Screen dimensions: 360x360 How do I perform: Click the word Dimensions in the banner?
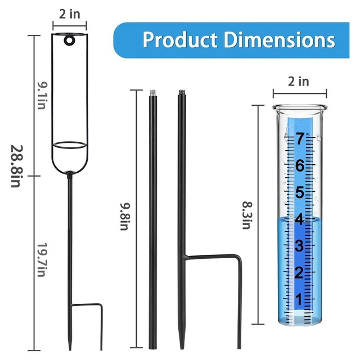coord(280,40)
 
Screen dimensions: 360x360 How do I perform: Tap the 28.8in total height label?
coord(17,166)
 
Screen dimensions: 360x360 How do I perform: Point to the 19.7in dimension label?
coord(42,260)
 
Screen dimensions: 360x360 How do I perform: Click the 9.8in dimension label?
coord(125,217)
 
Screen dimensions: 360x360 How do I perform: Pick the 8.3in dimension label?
coord(247,215)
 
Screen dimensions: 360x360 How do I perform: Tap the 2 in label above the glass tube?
coord(299,81)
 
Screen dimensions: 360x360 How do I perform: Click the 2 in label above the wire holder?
coord(70,14)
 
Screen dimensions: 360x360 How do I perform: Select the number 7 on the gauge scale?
coord(300,139)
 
